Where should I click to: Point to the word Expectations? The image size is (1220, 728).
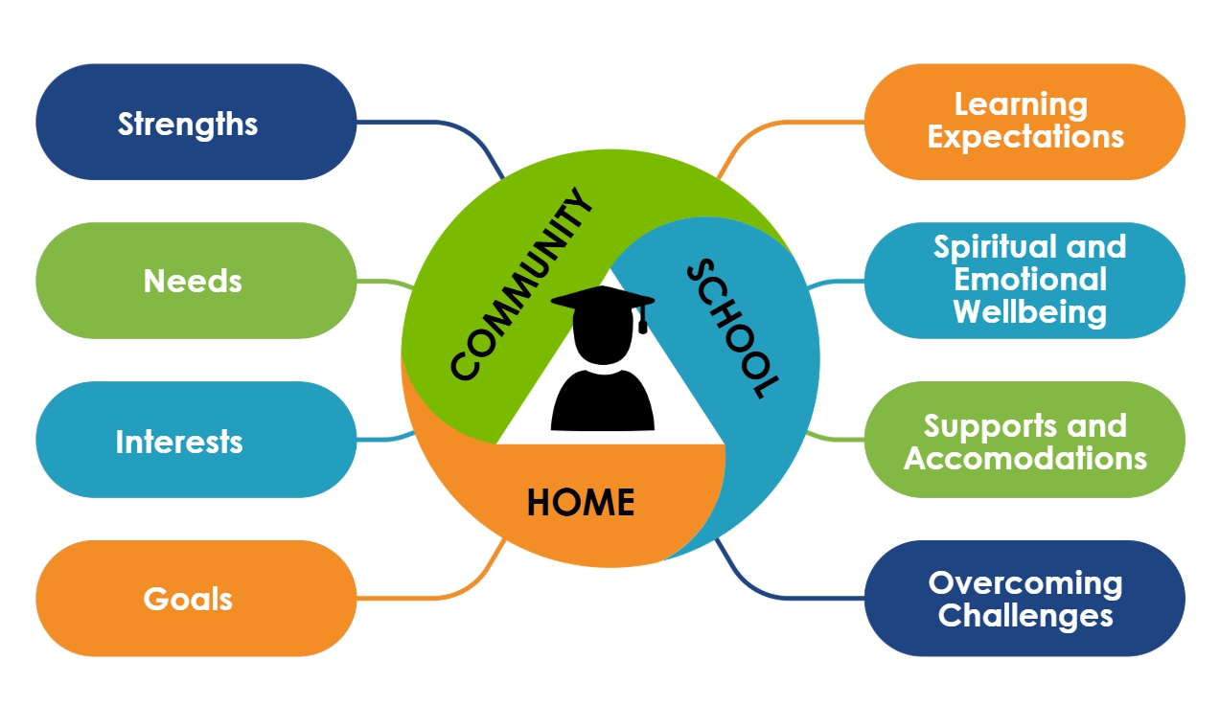click(1025, 137)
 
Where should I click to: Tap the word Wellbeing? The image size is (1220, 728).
click(1030, 312)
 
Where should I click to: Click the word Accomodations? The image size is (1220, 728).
click(1025, 458)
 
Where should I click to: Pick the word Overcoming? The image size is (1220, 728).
click(1025, 582)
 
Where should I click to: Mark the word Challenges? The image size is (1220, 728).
click(1025, 615)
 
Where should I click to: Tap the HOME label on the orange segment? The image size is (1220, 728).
click(581, 502)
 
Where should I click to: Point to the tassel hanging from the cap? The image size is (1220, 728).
click(642, 321)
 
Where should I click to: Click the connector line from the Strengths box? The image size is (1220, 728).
click(431, 123)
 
